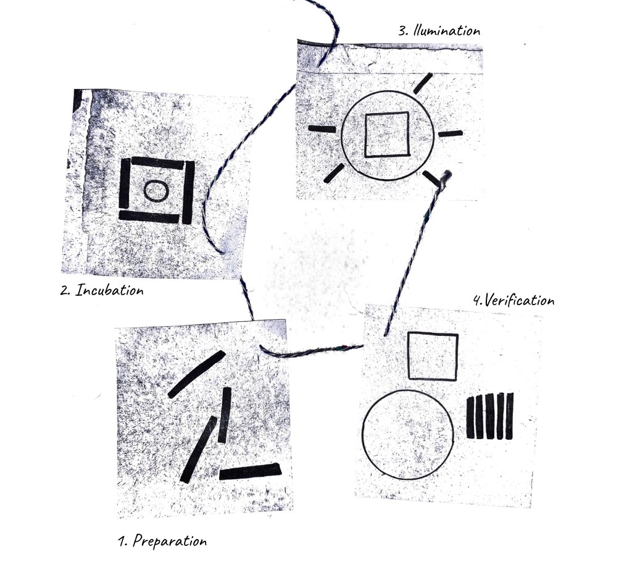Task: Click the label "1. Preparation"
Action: [162, 540]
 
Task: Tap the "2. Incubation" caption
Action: [102, 290]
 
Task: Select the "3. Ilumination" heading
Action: [439, 31]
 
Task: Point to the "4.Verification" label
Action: [514, 300]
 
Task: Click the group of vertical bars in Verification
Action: [490, 416]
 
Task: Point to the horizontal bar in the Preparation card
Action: [250, 471]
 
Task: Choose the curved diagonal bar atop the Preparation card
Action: [196, 373]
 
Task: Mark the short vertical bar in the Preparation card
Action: [225, 415]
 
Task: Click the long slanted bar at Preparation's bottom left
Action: [198, 450]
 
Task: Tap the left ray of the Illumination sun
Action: [322, 129]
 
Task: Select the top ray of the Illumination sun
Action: [423, 83]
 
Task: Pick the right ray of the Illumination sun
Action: [450, 133]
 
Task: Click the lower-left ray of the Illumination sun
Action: [334, 173]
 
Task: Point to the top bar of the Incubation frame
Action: [157, 162]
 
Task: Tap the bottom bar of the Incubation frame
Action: [149, 217]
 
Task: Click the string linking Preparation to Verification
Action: [310, 353]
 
